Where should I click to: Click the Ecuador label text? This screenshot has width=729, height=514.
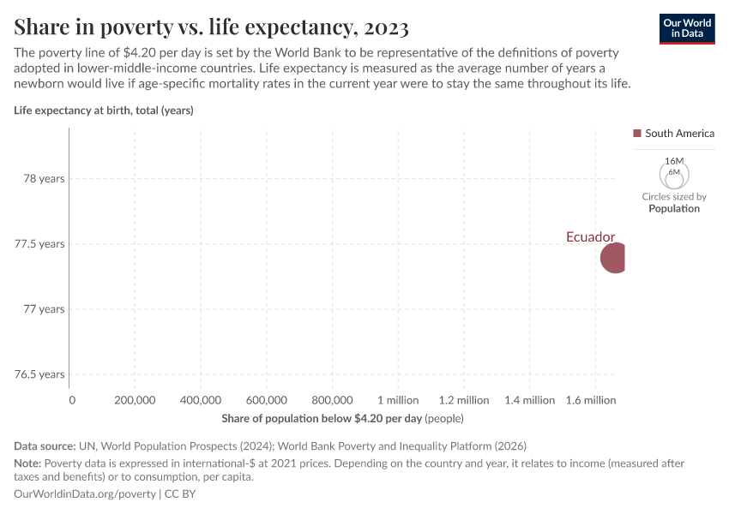click(x=590, y=237)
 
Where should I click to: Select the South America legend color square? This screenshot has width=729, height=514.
click(x=637, y=134)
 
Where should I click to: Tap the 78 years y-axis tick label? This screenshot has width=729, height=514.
click(x=44, y=179)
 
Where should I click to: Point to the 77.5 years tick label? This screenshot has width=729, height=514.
click(x=39, y=244)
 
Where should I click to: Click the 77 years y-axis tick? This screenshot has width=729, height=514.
click(x=44, y=309)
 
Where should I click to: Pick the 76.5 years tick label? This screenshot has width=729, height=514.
click(x=39, y=374)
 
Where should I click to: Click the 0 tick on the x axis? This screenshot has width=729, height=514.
click(x=72, y=400)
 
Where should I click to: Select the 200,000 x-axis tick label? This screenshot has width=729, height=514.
click(x=135, y=400)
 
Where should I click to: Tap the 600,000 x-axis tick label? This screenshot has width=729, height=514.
click(x=266, y=400)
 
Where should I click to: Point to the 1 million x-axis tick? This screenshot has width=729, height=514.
click(x=398, y=400)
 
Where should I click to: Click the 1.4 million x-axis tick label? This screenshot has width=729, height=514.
click(x=529, y=400)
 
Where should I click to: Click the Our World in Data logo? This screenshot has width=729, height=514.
click(x=687, y=28)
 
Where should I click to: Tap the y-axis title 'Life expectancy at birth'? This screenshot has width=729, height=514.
click(x=104, y=110)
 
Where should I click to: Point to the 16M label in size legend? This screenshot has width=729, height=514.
click(x=674, y=161)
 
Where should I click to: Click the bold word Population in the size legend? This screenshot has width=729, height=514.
click(x=674, y=208)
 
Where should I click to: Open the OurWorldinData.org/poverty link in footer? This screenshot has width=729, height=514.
click(x=85, y=494)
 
